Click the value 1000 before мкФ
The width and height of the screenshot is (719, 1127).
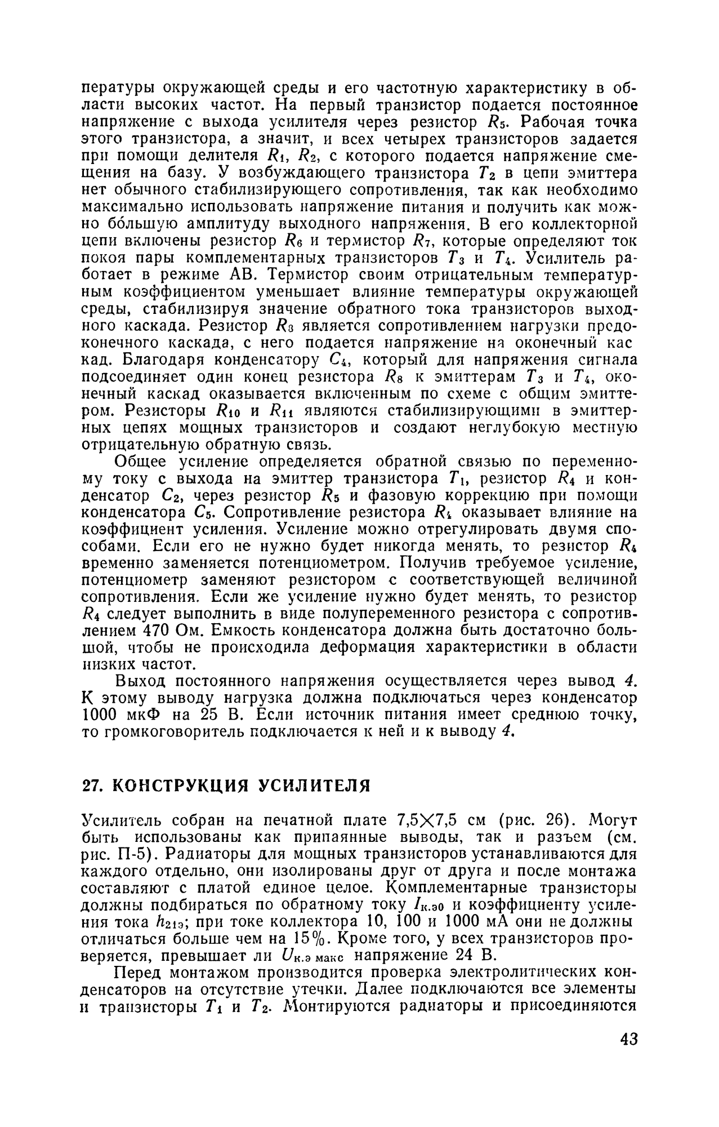100,715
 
